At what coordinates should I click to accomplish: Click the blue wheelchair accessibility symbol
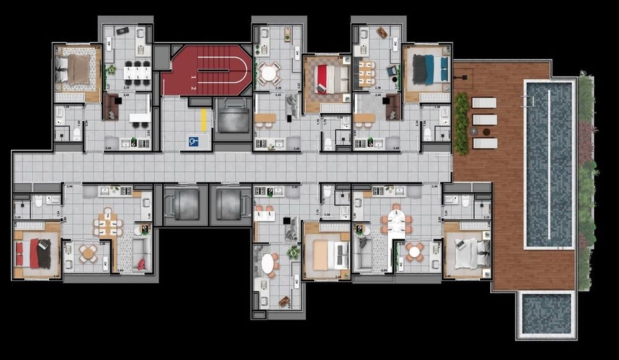pyautogui.click(x=193, y=142)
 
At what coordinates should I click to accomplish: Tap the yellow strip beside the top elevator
pyautogui.click(x=203, y=119)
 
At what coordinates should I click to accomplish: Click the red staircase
pyautogui.click(x=207, y=71)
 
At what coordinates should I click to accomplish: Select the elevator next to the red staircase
pyautogui.click(x=232, y=119)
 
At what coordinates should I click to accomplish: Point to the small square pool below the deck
pyautogui.click(x=545, y=314)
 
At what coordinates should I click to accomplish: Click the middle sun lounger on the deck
pyautogui.click(x=484, y=119)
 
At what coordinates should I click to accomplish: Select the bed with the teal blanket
pyautogui.click(x=429, y=69)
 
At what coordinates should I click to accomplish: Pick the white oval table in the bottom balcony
pyautogui.click(x=267, y=264)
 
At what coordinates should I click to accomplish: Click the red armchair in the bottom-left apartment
pyautogui.click(x=142, y=264)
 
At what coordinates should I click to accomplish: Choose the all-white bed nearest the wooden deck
pyautogui.click(x=467, y=253)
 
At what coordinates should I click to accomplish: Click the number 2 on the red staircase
pyautogui.click(x=193, y=88)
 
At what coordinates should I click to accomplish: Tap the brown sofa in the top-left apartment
pyautogui.click(x=111, y=106)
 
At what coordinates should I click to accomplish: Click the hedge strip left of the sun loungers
pyautogui.click(x=461, y=123)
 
